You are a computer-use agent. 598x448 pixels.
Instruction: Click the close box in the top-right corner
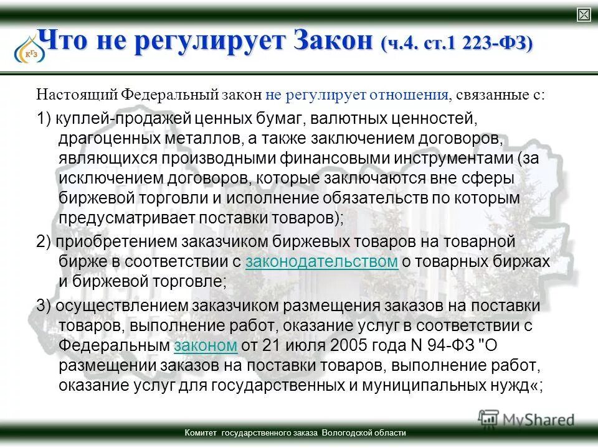coord(584,15)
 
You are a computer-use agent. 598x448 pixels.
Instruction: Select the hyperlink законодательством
coord(321,261)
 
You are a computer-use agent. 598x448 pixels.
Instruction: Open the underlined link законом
coord(206,345)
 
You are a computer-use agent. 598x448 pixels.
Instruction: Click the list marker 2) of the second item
coord(44,241)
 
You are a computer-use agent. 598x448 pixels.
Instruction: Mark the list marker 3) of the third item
coord(44,306)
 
